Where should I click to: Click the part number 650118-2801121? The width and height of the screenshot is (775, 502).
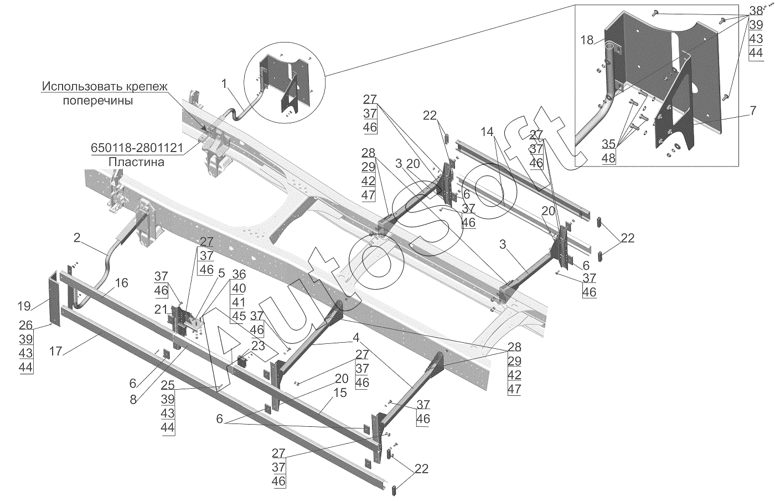(x=137, y=148)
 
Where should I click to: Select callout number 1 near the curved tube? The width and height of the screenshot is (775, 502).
(x=224, y=83)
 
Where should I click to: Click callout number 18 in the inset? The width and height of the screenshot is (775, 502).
(x=587, y=40)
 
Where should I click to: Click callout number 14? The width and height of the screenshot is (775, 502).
(x=487, y=132)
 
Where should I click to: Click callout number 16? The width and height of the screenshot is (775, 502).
(x=121, y=283)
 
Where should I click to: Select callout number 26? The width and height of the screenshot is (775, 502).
(x=26, y=325)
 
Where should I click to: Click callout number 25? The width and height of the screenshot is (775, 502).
(x=168, y=384)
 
